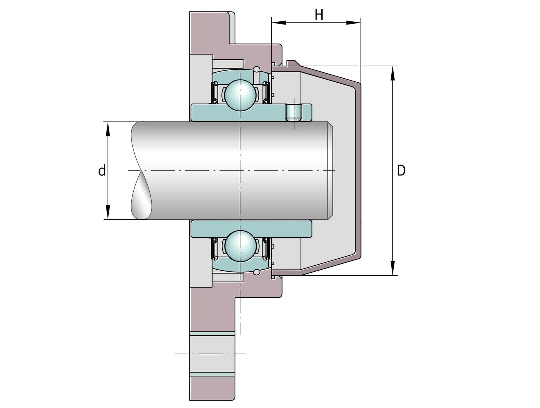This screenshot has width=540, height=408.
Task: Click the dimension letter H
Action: [x=319, y=15]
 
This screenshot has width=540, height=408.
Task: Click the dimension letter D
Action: [x=401, y=170]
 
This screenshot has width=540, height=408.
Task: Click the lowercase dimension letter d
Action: [x=102, y=170]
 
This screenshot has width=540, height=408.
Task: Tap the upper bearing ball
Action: [x=240, y=95]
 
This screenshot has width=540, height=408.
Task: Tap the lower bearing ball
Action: [x=240, y=246]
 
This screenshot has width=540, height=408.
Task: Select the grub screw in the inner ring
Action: [x=294, y=113]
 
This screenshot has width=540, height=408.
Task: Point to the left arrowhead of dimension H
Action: [x=279, y=23]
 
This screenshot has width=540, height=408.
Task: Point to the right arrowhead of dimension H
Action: [x=354, y=23]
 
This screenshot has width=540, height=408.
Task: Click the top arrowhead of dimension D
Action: [x=393, y=73]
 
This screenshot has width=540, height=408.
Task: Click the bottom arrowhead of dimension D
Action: [x=393, y=268]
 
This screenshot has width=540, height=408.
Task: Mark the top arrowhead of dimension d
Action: [x=108, y=129]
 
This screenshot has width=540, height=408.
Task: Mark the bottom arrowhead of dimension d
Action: [x=108, y=212]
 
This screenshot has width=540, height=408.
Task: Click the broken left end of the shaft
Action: [x=141, y=170]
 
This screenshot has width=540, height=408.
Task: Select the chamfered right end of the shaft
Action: [x=331, y=170]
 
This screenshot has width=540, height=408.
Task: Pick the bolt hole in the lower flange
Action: [x=212, y=354]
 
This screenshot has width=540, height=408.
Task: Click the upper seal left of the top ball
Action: [x=214, y=92]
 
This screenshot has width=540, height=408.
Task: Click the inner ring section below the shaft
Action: [x=251, y=229]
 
